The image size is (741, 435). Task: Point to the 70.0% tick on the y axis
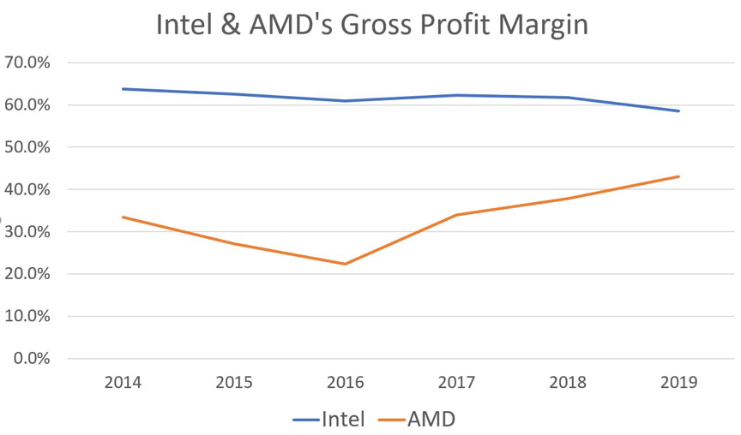click(x=27, y=63)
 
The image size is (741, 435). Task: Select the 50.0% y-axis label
click(x=27, y=147)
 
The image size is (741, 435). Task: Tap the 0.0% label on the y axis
click(x=32, y=358)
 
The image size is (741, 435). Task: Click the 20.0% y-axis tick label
click(x=27, y=274)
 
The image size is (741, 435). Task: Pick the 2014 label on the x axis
click(x=123, y=382)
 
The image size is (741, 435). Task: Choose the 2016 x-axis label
click(x=345, y=382)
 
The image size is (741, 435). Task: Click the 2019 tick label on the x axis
click(x=678, y=382)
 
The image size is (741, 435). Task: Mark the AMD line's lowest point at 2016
click(x=345, y=264)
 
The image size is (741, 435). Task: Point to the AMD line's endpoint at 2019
click(x=678, y=176)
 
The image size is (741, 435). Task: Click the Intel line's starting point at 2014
click(x=123, y=89)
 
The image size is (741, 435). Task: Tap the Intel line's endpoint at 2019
click(x=678, y=110)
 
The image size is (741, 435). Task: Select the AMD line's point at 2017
click(x=456, y=215)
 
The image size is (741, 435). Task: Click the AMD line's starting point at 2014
click(x=123, y=217)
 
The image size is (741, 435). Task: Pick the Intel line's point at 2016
click(x=345, y=101)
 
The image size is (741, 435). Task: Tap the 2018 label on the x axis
click(x=567, y=382)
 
